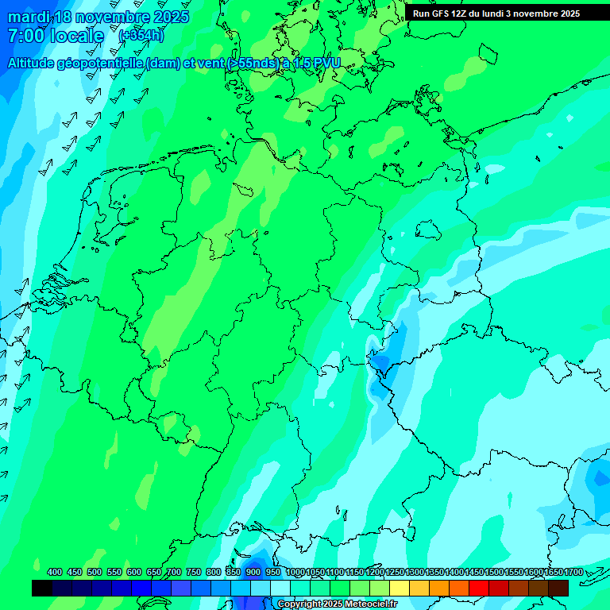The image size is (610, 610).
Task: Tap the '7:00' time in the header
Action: [25, 36]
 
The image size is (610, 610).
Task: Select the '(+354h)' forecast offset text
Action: [141, 36]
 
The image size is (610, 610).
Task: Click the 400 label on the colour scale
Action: [55, 572]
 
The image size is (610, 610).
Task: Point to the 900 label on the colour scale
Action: [253, 572]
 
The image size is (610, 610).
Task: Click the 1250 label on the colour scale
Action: [393, 572]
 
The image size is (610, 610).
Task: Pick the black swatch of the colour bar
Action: [42, 588]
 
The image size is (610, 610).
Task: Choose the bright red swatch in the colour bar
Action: [479, 588]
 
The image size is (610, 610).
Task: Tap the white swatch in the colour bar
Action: [280, 588]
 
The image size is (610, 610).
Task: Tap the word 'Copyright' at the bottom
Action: [299, 604]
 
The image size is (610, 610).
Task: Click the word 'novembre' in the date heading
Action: [112, 17]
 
